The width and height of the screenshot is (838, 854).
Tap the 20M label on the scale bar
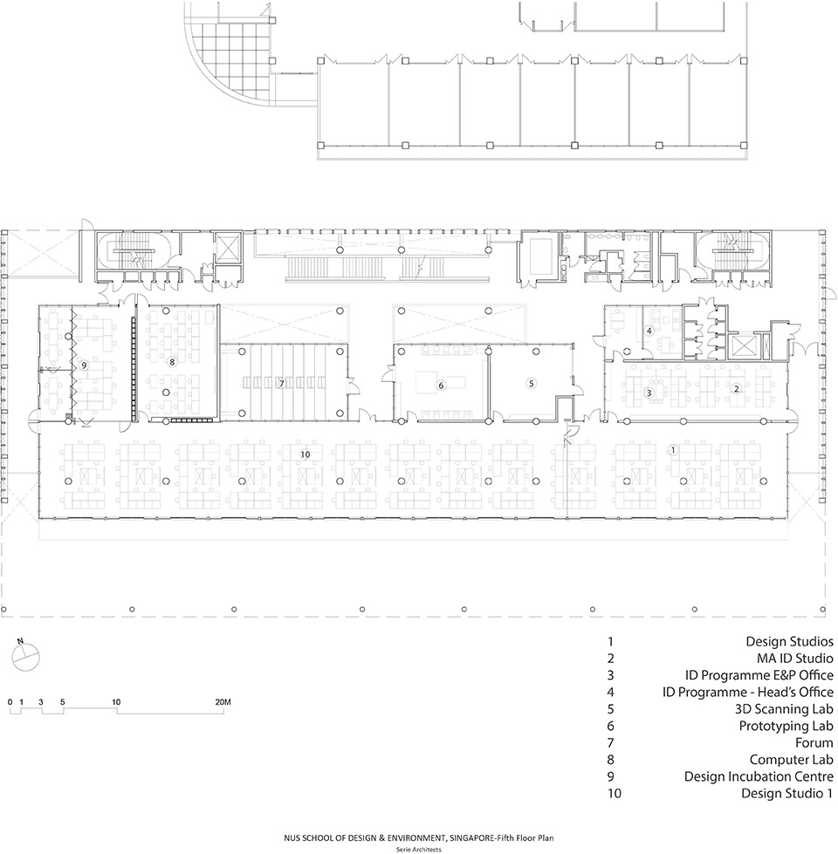(x=222, y=701)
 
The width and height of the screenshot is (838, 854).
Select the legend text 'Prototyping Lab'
(x=786, y=726)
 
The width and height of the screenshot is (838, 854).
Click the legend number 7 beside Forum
(x=611, y=743)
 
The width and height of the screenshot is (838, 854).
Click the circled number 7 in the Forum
(x=281, y=383)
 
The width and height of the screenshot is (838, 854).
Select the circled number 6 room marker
(x=442, y=385)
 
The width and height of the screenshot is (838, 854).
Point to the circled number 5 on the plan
(x=530, y=383)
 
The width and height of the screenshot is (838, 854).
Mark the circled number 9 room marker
(x=84, y=365)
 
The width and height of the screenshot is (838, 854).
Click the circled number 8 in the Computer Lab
(x=172, y=360)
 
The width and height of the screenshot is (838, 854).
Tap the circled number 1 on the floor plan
(x=673, y=449)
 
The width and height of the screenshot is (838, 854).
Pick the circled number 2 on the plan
(x=736, y=388)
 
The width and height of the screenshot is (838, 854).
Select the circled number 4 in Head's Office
(x=649, y=331)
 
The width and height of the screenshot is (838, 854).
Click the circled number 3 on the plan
(x=649, y=393)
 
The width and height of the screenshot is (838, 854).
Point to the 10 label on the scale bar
(x=116, y=701)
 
